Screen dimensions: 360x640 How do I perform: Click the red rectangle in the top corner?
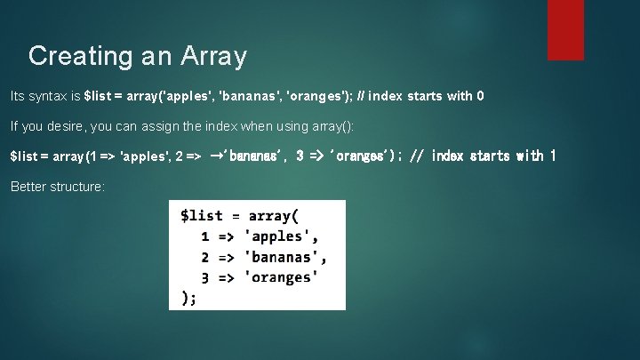[x=565, y=29]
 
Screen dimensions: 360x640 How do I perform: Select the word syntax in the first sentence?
[x=44, y=96]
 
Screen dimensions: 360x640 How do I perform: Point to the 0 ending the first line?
[x=480, y=96]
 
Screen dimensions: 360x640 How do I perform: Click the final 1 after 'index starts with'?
[x=553, y=156]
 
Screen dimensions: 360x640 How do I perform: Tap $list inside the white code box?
[x=201, y=216]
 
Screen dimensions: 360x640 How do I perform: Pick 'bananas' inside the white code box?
[x=285, y=257]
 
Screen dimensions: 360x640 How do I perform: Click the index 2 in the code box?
[x=205, y=257]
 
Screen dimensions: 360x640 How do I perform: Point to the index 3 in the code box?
[x=205, y=277]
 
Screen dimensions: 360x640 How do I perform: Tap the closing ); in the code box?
[x=188, y=298]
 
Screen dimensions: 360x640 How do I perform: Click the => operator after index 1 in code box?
[x=228, y=236]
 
